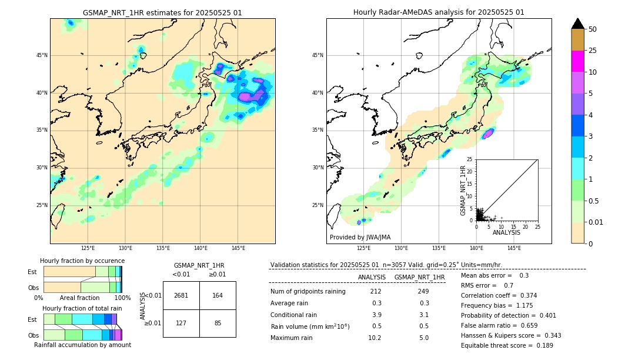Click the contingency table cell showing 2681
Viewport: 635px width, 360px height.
181,295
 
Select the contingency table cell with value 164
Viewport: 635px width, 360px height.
218,295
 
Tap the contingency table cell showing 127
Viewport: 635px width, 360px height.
181,323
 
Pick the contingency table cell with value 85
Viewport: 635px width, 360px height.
218,323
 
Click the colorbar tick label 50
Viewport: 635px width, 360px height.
593,29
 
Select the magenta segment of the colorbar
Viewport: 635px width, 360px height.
577,61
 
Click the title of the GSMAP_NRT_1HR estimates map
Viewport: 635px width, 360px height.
162,12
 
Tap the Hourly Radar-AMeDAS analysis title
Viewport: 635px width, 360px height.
439,12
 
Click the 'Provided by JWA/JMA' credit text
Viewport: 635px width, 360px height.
360,238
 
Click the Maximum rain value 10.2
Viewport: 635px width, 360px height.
375,338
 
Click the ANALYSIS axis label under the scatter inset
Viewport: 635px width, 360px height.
506,232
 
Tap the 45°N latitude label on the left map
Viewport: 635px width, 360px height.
42,55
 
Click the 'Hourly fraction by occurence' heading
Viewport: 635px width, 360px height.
82,261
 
